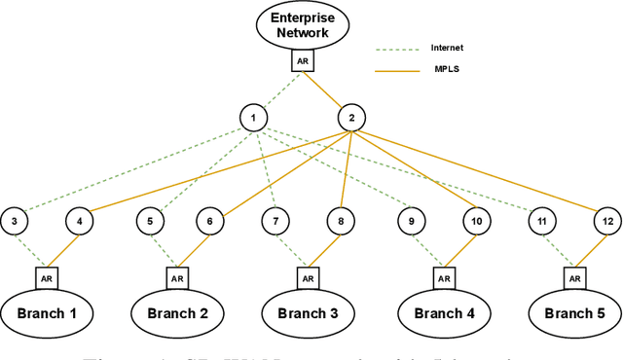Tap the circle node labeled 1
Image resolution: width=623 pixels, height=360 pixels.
(253, 119)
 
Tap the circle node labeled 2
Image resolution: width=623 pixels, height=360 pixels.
(350, 119)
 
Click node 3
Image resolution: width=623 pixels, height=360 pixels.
(16, 222)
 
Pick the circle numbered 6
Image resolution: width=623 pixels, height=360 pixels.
(209, 222)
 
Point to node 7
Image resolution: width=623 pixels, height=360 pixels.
(275, 222)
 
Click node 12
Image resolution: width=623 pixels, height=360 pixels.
(607, 222)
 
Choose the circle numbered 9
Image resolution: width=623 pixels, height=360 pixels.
(413, 222)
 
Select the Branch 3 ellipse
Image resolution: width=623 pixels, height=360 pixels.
(308, 313)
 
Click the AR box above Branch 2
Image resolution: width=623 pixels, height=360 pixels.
(177, 277)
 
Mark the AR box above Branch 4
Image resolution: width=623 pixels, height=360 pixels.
(444, 277)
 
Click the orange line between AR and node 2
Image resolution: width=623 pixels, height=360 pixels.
(327, 90)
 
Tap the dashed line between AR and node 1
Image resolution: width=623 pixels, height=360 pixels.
(277, 90)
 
